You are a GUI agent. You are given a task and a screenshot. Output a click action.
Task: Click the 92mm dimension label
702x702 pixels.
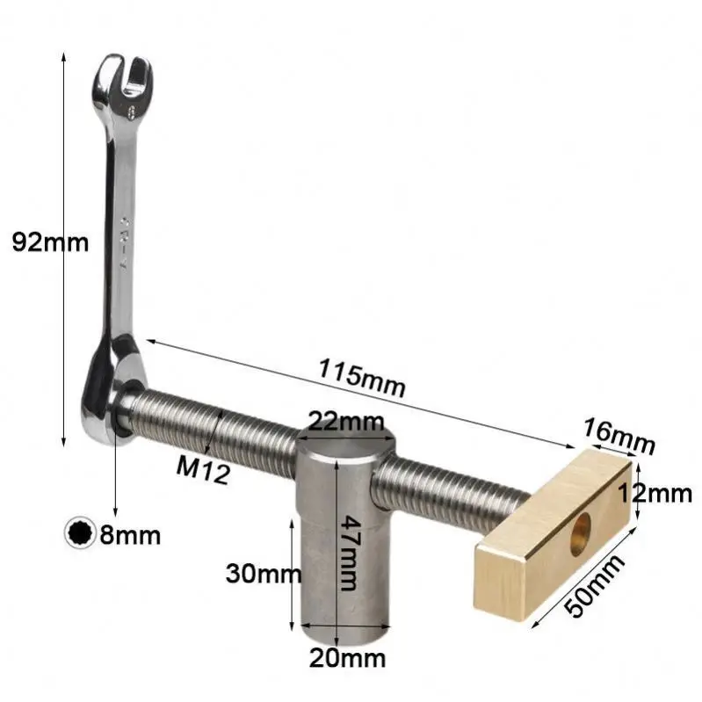(x=50, y=242)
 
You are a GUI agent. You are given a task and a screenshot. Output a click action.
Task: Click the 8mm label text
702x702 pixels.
(x=129, y=534)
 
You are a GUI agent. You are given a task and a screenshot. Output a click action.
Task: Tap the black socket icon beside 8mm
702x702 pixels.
(x=80, y=533)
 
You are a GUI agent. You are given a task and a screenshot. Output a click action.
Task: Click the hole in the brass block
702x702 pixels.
(x=580, y=534)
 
